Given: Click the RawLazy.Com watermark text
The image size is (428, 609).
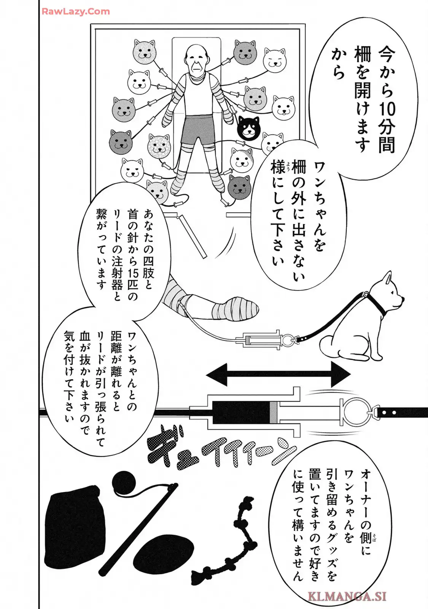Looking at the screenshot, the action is pyautogui.click(x=76, y=11).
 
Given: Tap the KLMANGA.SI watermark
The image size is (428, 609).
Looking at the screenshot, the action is pyautogui.click(x=347, y=596).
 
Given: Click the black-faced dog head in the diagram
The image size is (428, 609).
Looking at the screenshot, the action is pyautogui.click(x=248, y=128).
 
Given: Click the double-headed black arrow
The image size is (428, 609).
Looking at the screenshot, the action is pyautogui.click(x=278, y=375).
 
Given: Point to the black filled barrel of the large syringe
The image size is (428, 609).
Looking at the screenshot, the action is pyautogui.click(x=240, y=413).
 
